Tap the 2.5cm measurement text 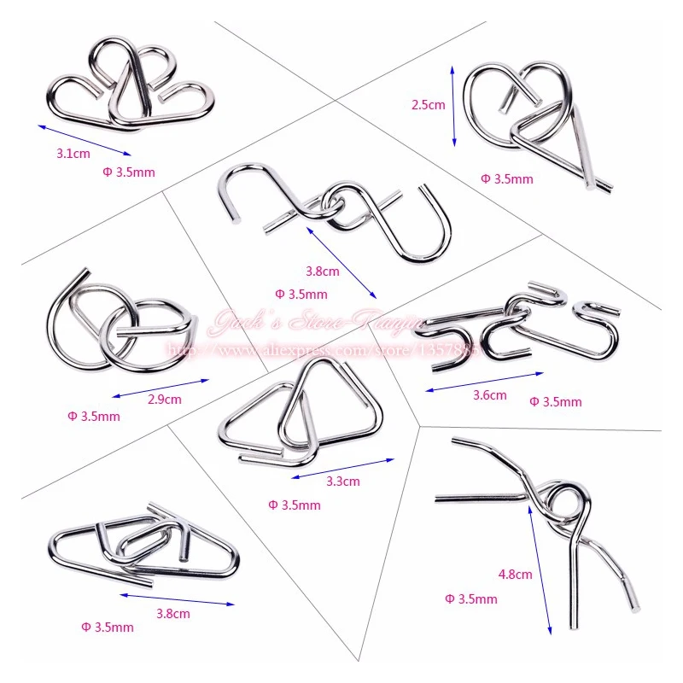point(429,105)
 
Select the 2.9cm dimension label point(164,399)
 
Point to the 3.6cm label point(489,395)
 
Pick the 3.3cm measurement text point(343,481)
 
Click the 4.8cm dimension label point(515,575)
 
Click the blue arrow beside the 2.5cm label point(453,105)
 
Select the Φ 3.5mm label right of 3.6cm point(555,401)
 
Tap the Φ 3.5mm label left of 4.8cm point(470,599)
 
